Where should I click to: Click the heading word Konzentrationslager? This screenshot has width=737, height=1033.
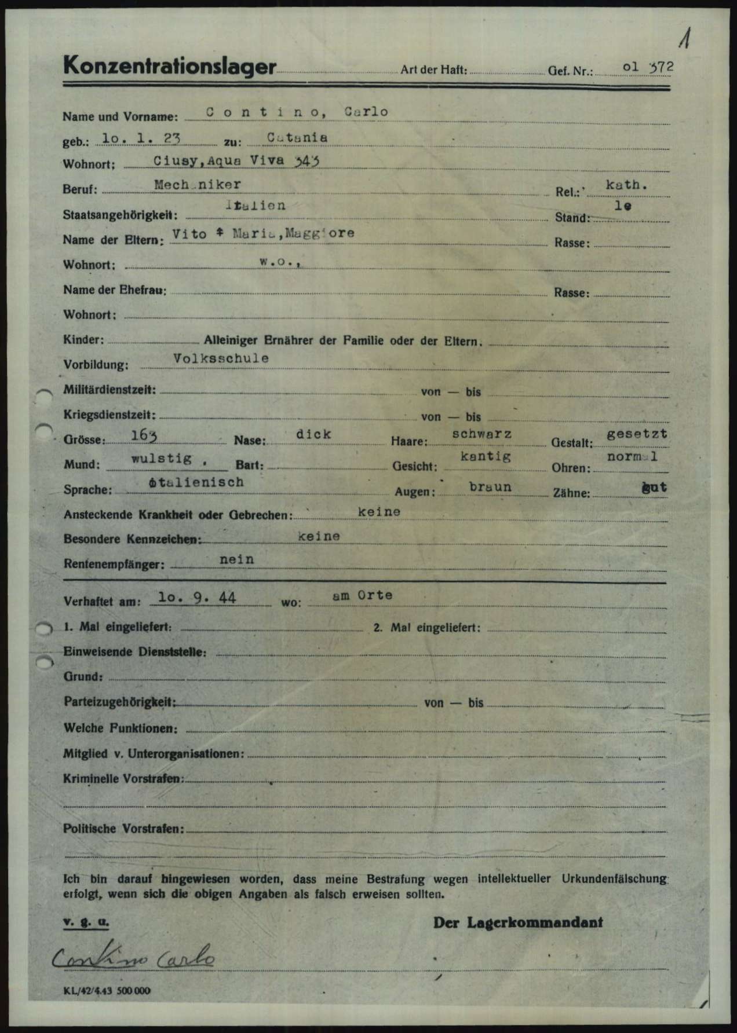170,66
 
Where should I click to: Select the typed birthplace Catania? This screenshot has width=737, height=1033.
297,138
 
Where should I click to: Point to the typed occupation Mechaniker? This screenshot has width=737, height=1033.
198,184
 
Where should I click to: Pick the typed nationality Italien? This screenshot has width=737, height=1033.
256,205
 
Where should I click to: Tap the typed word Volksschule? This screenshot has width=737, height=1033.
221,358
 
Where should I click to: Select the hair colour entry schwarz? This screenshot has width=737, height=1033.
482,434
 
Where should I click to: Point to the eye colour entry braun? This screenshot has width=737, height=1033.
490,486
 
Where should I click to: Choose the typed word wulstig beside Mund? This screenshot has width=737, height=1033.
162,459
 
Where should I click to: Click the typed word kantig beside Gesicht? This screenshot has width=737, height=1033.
485,456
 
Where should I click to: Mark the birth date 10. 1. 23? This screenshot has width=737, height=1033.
141,138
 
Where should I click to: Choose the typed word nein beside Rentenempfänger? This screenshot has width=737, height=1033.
236,560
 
